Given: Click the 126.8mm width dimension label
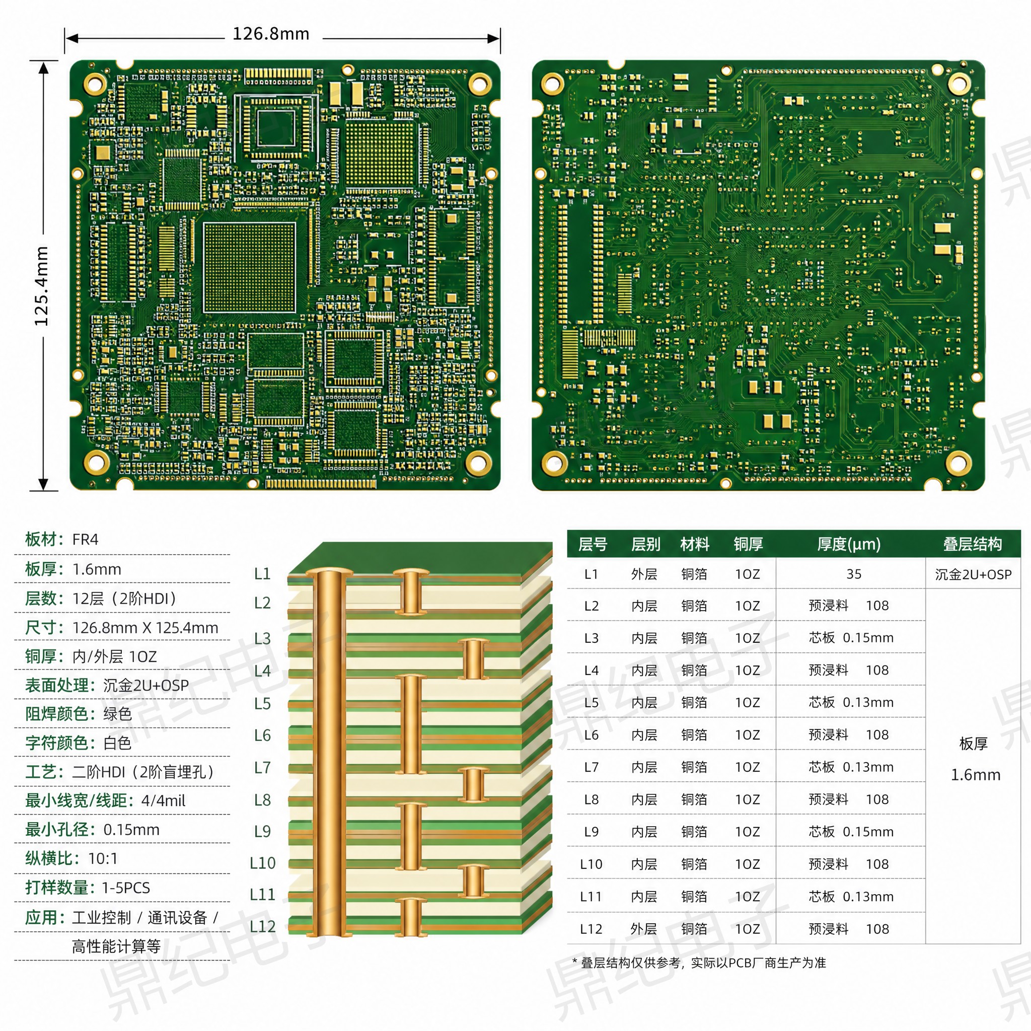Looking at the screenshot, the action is [271, 34].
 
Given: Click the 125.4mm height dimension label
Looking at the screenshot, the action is [42, 286].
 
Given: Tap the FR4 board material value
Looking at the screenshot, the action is [86, 540].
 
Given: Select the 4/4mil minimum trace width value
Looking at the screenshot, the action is [163, 800].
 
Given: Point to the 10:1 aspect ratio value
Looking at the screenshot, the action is [103, 859].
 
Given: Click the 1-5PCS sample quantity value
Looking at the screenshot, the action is [126, 888].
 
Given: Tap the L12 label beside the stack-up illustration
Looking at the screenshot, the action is [263, 926].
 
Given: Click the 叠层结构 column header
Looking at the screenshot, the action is [972, 544].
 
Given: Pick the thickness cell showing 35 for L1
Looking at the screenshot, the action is [854, 574].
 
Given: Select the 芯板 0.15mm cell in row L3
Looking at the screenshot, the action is [851, 638].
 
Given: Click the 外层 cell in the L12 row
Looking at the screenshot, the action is [643, 929].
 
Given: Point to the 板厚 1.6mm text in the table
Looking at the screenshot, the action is [975, 759].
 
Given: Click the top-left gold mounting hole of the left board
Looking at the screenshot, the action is [96, 83].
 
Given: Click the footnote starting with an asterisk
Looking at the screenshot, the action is [699, 963].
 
